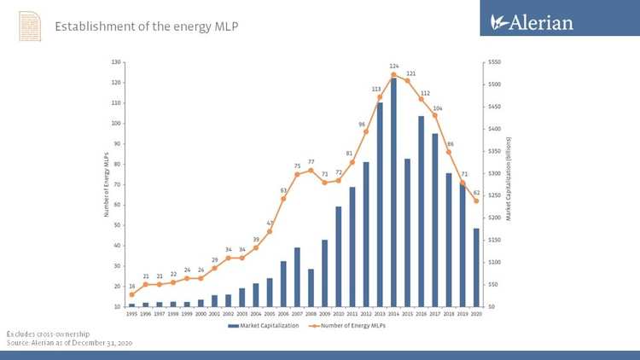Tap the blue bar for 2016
pyautogui.click(x=422, y=211)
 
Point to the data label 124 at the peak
pyautogui.click(x=394, y=66)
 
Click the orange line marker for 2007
pyautogui.click(x=297, y=174)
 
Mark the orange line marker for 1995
pyautogui.click(x=131, y=294)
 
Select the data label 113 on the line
pyautogui.click(x=376, y=89)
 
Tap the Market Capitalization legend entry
pyautogui.click(x=267, y=325)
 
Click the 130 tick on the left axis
pyautogui.click(x=115, y=62)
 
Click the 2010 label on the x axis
pyautogui.click(x=339, y=313)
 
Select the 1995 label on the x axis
pyautogui.click(x=131, y=313)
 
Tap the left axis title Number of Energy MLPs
pyautogui.click(x=107, y=184)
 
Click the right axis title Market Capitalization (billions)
pyautogui.click(x=509, y=184)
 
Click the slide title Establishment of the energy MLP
pyautogui.click(x=146, y=26)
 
